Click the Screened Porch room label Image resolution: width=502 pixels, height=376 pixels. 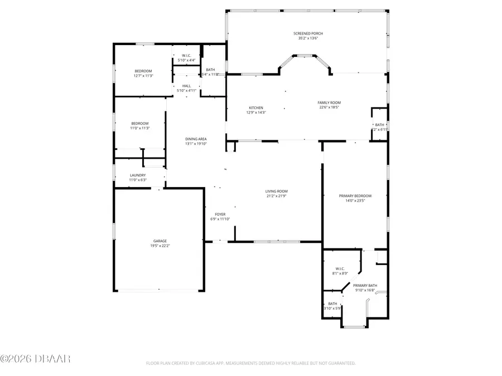(x=308, y=33)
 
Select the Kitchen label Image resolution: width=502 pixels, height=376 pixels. (x=256, y=108)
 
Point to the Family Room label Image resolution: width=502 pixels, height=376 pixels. (x=329, y=102)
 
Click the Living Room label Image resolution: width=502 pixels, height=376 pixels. (x=276, y=191)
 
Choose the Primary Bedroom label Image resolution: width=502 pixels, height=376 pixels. (x=355, y=196)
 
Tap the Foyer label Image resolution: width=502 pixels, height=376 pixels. (x=220, y=214)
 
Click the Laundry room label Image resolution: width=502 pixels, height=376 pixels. (x=138, y=175)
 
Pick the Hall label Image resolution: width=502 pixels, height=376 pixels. (x=186, y=86)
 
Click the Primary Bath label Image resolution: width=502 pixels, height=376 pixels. (x=365, y=285)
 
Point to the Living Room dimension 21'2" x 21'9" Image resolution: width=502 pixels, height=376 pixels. (x=276, y=196)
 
